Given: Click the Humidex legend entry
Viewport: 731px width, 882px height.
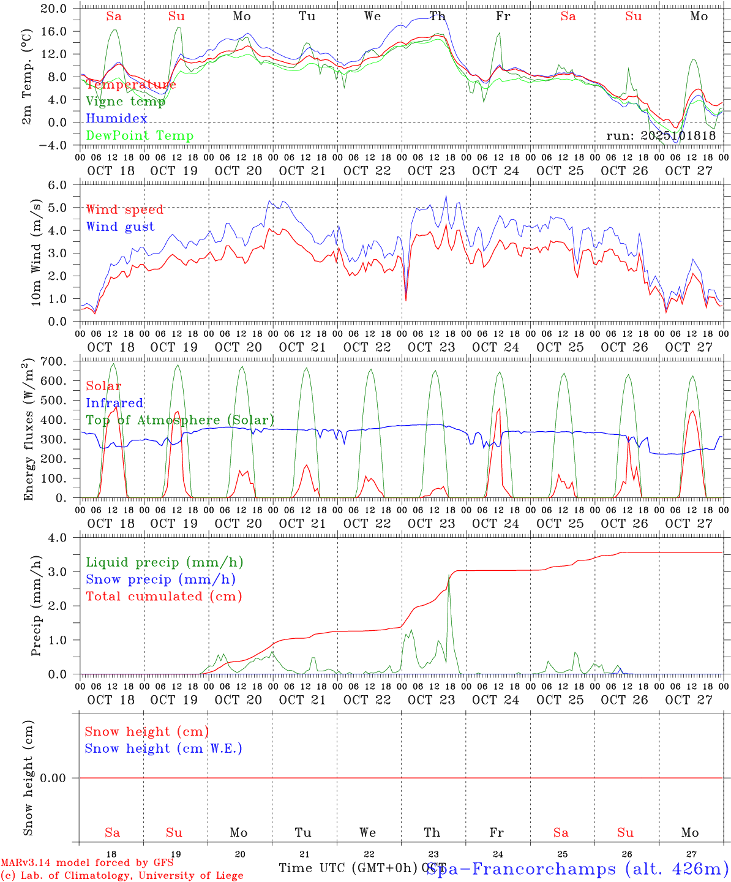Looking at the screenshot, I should [116, 119].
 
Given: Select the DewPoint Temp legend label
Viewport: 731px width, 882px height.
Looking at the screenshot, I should [140, 136].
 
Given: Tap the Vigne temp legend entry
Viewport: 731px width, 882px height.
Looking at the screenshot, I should [126, 102].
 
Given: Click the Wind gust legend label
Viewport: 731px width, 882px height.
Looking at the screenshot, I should [120, 227].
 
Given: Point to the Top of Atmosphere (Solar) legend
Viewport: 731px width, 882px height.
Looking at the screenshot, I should [180, 420].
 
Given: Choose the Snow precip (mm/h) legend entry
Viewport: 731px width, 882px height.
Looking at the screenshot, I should [160, 579].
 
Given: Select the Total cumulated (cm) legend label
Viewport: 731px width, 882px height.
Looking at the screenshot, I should [163, 597].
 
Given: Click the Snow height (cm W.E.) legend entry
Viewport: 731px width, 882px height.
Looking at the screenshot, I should [163, 748].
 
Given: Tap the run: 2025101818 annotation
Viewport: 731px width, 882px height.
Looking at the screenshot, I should [661, 136].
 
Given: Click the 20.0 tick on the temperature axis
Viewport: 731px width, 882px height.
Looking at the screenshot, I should [62, 9].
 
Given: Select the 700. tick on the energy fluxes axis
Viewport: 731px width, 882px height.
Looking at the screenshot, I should [62, 361].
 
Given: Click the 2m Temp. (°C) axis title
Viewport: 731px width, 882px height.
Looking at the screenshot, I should [27, 77].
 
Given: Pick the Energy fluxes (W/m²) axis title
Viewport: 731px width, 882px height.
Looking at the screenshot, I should [27, 431].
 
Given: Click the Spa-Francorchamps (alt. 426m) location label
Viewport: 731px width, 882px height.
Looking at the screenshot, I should [577, 869].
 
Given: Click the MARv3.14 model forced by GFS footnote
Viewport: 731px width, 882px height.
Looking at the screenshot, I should [87, 863].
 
